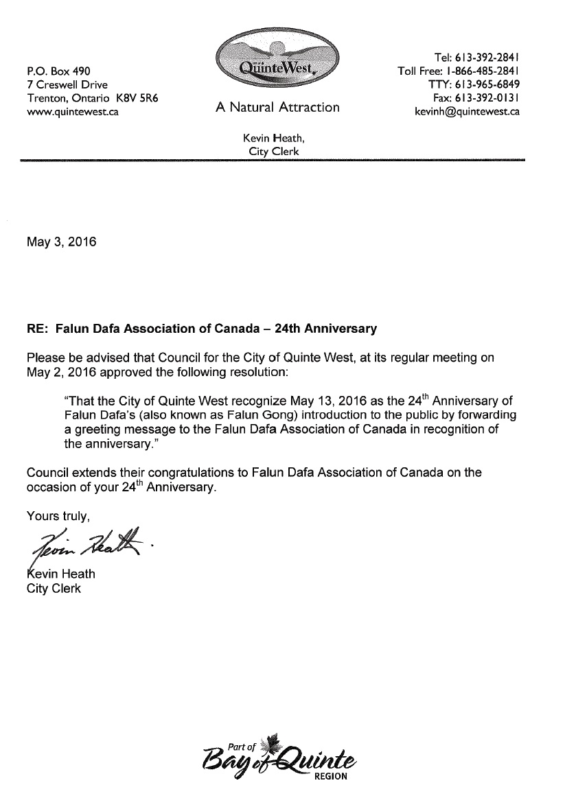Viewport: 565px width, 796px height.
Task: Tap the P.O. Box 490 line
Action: tap(58, 71)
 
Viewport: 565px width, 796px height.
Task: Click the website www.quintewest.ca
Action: tap(72, 112)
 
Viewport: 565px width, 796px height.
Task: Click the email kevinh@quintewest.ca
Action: tap(467, 112)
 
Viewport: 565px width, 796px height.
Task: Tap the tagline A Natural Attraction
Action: tap(277, 107)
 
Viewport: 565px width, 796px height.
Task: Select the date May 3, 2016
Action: tap(61, 242)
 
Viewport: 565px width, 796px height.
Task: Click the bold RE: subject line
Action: tap(202, 329)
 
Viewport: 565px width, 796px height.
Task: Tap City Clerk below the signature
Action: tap(54, 588)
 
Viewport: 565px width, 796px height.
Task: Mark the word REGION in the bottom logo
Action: tap(331, 776)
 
